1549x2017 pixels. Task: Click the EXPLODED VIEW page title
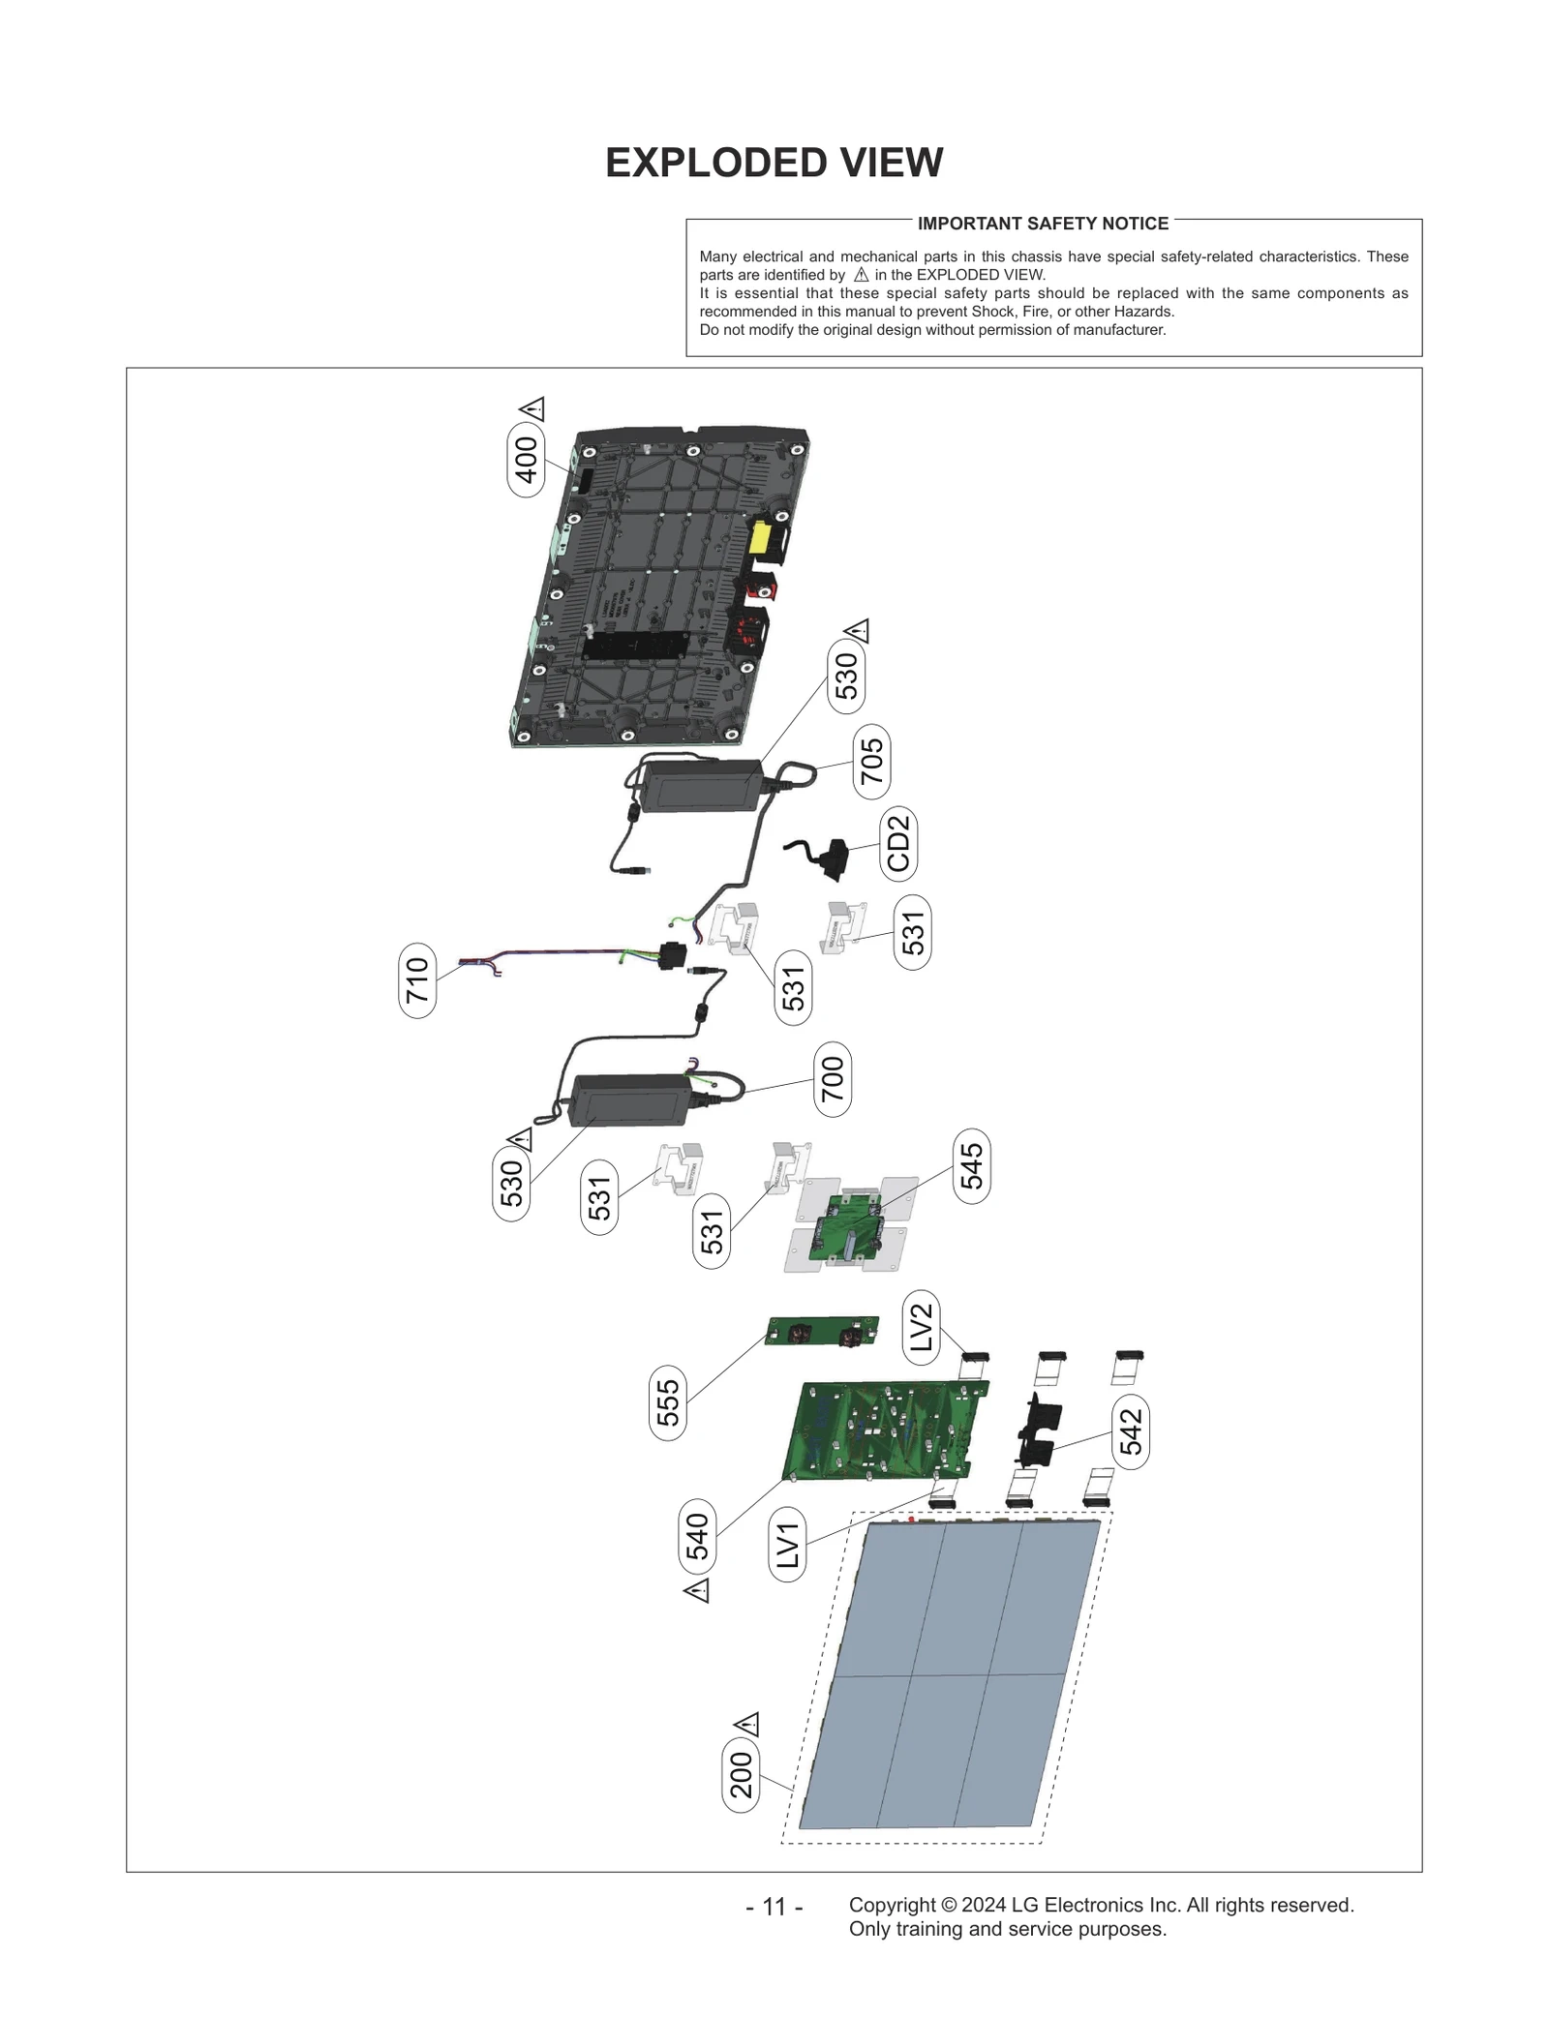tap(774, 163)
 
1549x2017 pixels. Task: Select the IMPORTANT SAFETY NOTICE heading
tap(1043, 224)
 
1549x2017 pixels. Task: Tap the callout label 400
tap(526, 460)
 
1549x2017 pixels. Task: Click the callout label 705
tap(871, 762)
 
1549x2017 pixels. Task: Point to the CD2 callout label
tap(898, 843)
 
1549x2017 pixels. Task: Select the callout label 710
tap(417, 980)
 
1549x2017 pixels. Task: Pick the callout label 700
tap(833, 1079)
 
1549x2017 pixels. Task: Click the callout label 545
tap(971, 1166)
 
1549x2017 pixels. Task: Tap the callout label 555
tap(668, 1402)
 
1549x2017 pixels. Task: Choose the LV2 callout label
tap(921, 1327)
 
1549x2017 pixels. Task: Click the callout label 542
tap(1131, 1431)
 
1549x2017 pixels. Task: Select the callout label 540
tap(697, 1537)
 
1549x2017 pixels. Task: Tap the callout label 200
tap(741, 1775)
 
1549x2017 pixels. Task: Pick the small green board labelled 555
tap(823, 1331)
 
